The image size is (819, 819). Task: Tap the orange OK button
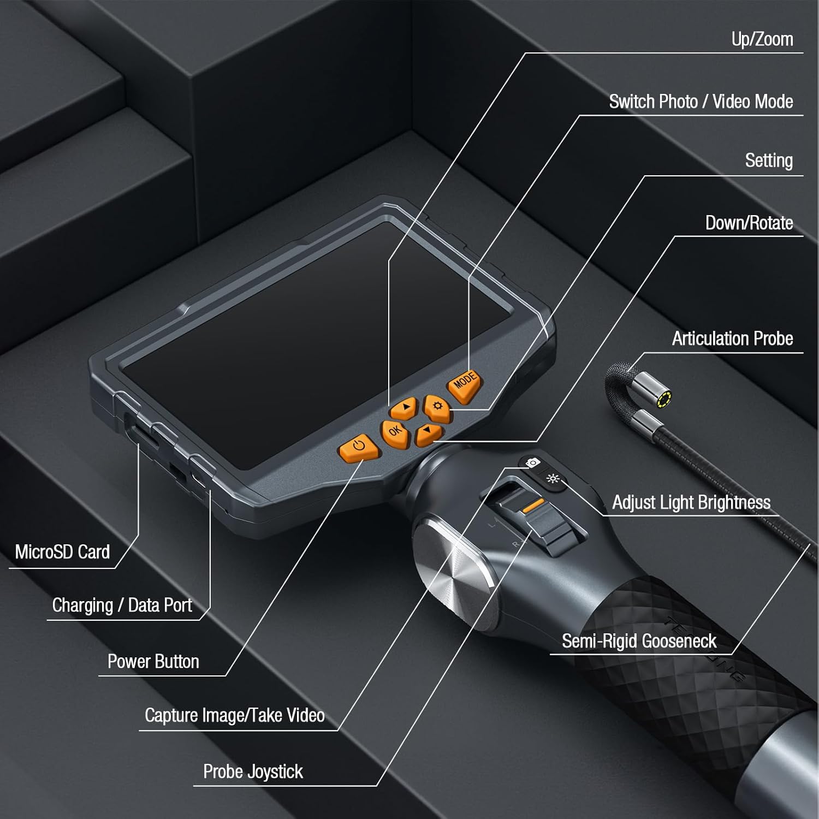[x=395, y=432]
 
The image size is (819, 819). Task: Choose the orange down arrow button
[x=429, y=433]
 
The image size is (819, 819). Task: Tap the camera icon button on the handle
[x=532, y=463]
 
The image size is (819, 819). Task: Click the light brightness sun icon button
[x=553, y=479]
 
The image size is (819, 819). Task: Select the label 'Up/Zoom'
[x=762, y=39]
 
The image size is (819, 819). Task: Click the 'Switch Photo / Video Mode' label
[x=701, y=102]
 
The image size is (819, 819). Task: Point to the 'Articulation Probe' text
[x=732, y=339]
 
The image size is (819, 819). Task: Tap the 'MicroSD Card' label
[x=62, y=552]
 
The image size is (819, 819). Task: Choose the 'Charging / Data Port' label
[x=122, y=606]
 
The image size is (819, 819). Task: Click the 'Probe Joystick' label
[x=253, y=771]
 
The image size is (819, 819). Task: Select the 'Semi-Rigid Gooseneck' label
[x=639, y=641]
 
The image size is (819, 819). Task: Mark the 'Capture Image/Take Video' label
[x=234, y=715]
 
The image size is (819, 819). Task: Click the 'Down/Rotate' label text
[x=749, y=223]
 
